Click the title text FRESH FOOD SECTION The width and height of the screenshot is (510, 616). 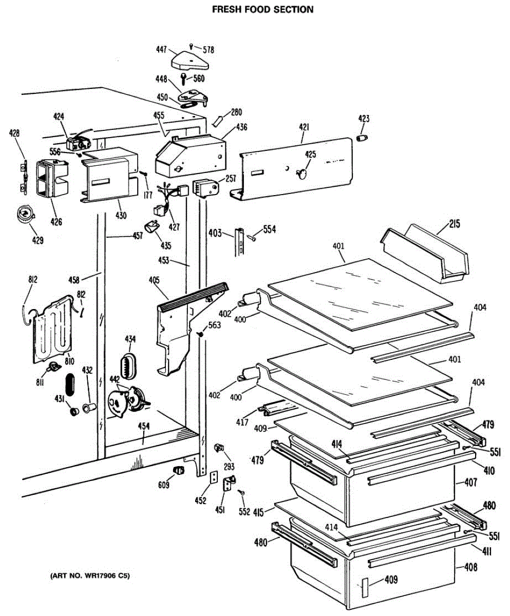[x=263, y=9]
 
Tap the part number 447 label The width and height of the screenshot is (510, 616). [x=162, y=50]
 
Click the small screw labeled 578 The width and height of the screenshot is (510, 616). [x=191, y=46]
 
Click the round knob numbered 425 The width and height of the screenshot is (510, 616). [x=302, y=172]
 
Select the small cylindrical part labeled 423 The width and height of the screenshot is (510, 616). [x=363, y=138]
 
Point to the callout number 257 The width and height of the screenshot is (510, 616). [x=231, y=178]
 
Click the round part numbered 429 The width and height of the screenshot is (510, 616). [x=25, y=214]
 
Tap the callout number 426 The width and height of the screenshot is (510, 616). [x=56, y=222]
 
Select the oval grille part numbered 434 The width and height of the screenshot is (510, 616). [x=128, y=365]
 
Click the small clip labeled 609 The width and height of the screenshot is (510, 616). [x=178, y=470]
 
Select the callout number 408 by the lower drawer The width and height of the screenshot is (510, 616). [x=470, y=567]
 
